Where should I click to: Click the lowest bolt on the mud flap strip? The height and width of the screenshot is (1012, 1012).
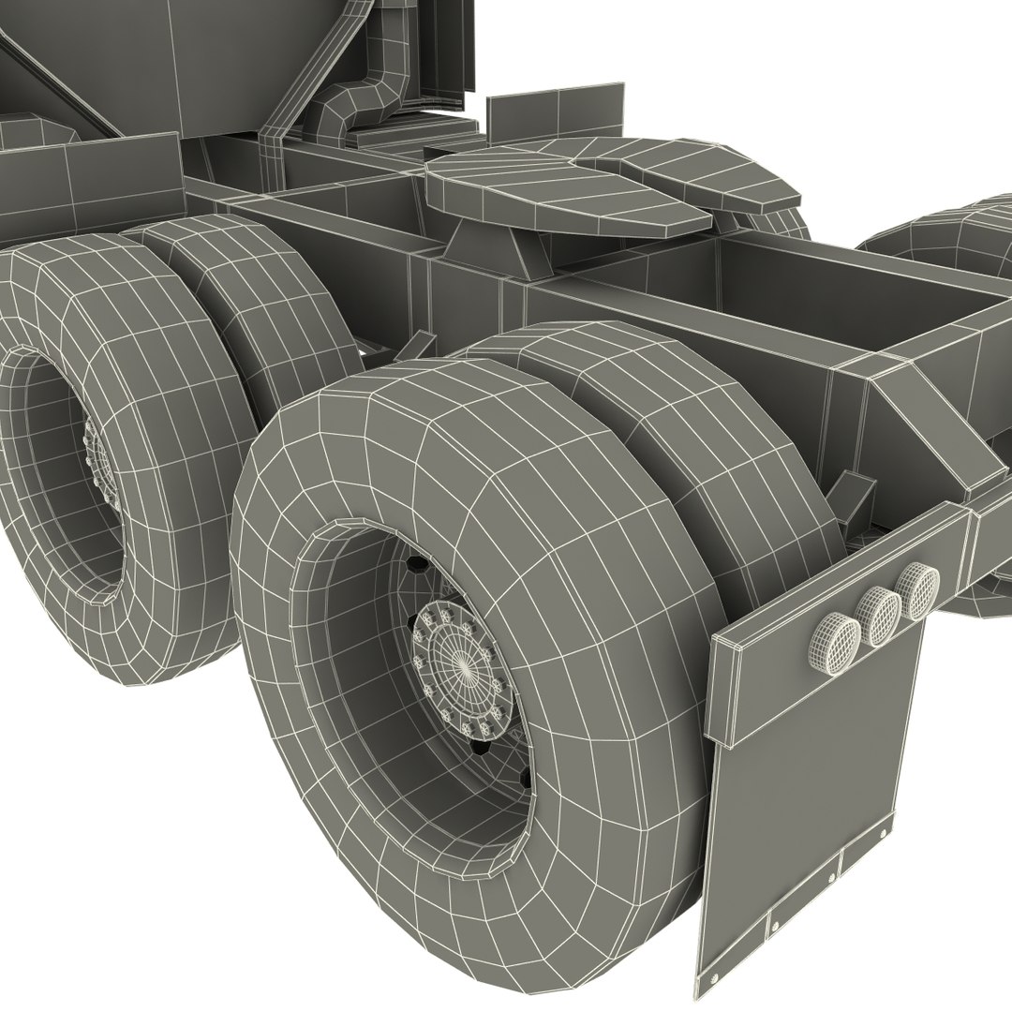(x=776, y=926)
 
